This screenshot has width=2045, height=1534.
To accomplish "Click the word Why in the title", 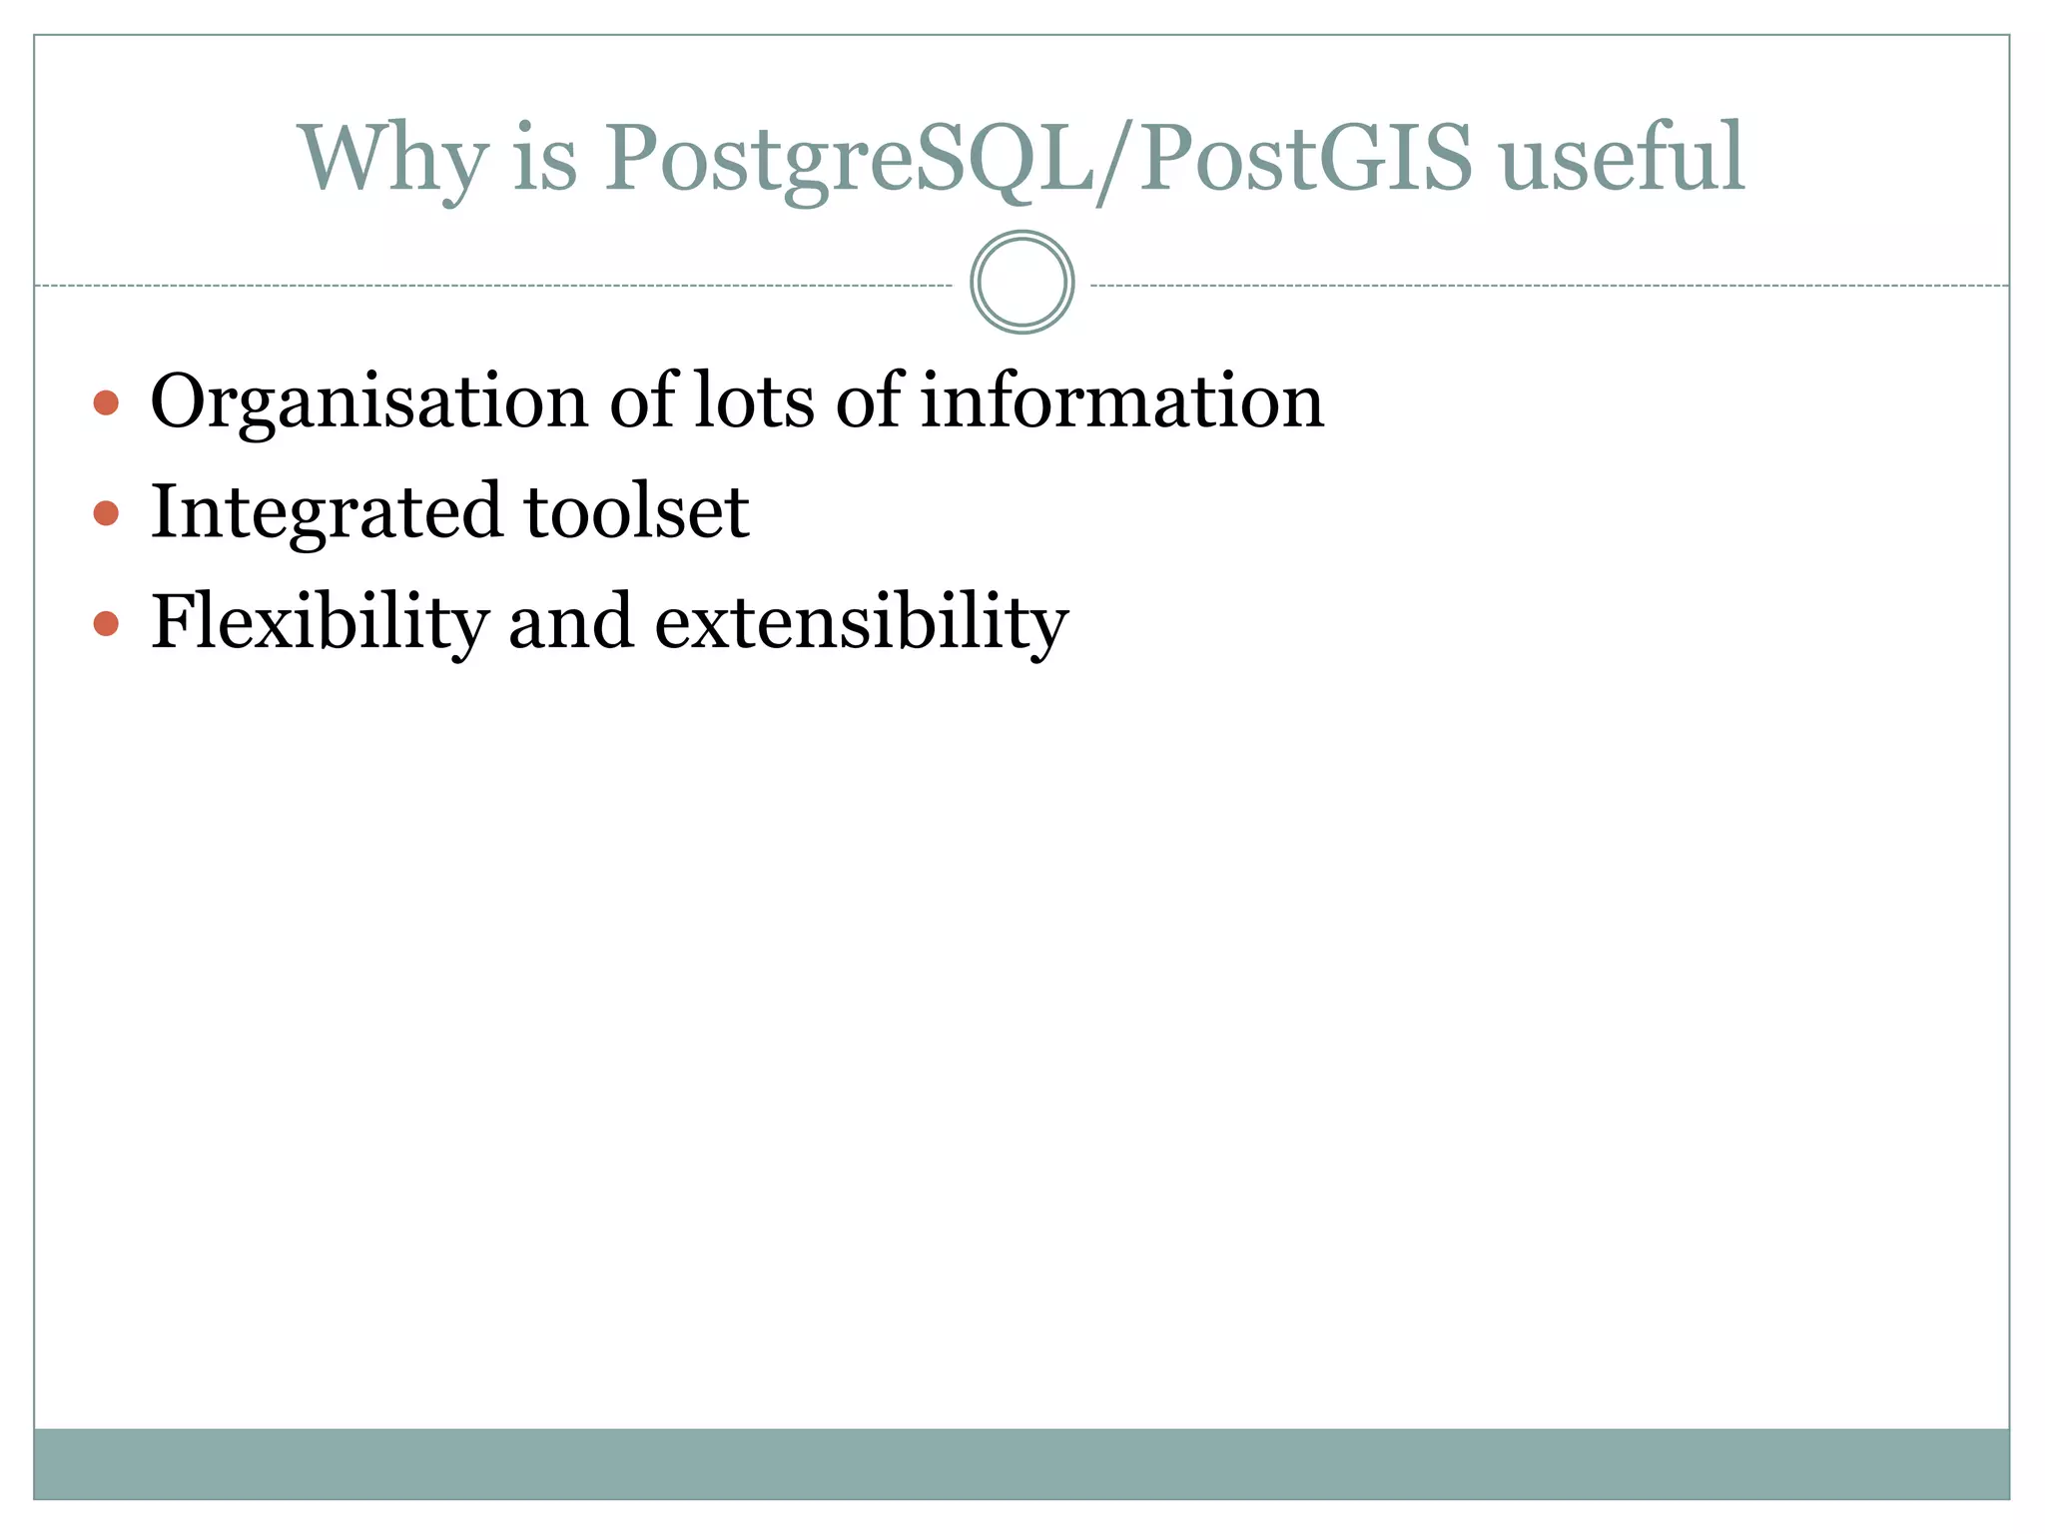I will [392, 160].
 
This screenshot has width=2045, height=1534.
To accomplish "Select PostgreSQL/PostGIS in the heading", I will [1038, 160].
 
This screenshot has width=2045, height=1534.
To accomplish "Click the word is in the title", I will [545, 160].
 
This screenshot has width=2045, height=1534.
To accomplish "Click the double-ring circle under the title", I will [1022, 283].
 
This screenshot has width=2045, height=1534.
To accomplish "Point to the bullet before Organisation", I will [106, 402].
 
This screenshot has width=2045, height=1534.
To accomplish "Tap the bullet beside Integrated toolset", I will [106, 513].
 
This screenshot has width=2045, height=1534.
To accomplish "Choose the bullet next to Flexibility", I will [106, 624].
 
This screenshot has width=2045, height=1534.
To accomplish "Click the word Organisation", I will [368, 402].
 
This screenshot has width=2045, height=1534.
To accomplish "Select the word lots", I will [754, 400].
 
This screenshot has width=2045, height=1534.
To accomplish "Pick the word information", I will [1121, 400].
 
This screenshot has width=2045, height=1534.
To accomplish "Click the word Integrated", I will [325, 513].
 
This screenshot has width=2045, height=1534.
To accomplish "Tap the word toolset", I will [636, 511].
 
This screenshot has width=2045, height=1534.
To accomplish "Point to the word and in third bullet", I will [570, 621].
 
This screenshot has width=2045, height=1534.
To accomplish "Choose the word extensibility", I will [861, 623].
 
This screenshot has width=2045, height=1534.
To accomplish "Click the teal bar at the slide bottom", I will [1022, 1463].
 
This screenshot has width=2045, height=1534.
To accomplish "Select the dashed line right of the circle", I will [1548, 286].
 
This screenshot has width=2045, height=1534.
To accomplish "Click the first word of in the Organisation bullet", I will [643, 400].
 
